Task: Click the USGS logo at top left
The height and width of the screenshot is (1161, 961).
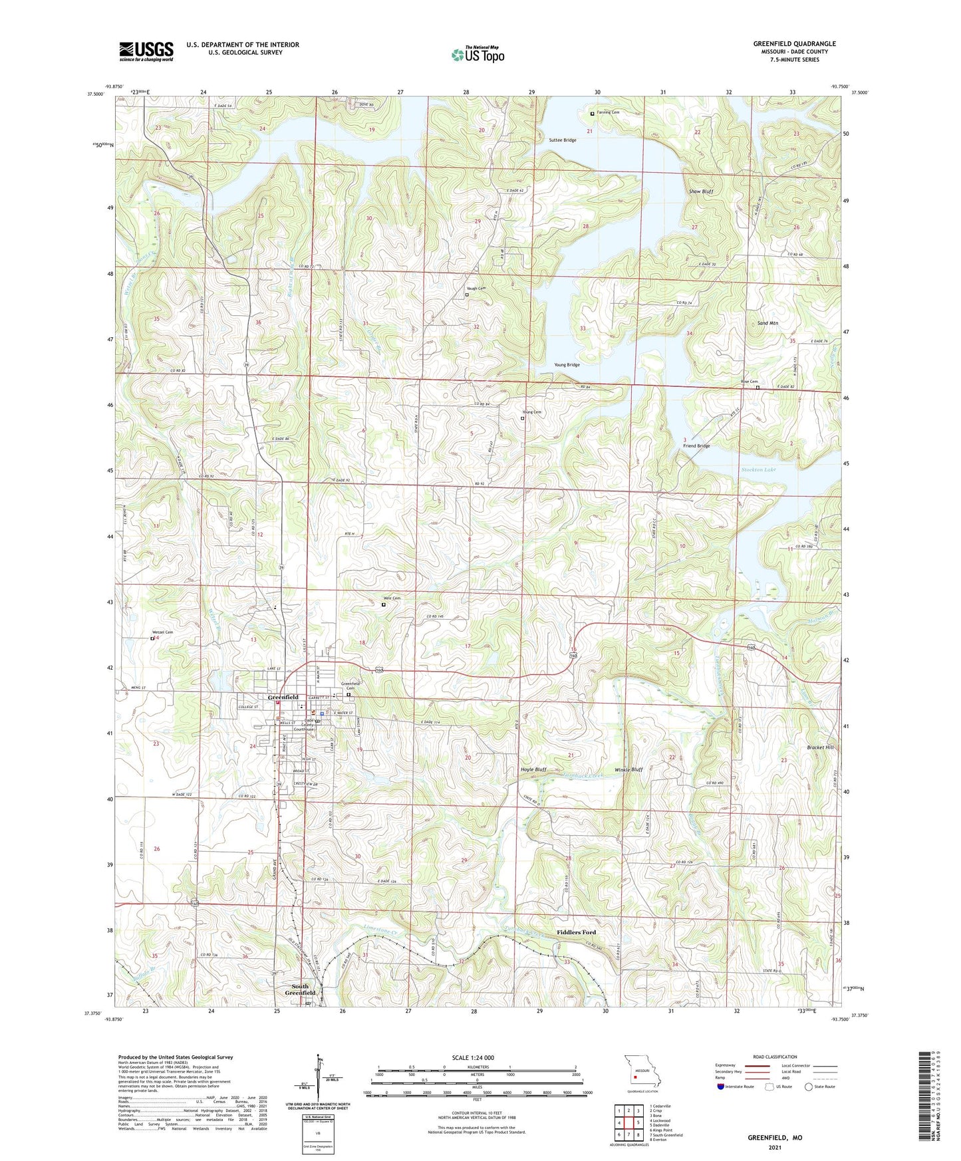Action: (x=146, y=51)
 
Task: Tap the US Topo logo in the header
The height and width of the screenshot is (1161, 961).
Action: (x=478, y=55)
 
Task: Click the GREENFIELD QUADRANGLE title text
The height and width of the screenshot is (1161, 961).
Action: (x=794, y=44)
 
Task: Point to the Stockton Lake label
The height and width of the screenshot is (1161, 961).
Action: (x=758, y=470)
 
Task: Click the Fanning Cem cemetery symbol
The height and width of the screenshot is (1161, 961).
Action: (x=593, y=114)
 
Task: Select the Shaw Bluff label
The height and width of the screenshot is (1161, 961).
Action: (x=701, y=192)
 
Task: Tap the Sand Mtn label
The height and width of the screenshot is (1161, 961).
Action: (x=767, y=323)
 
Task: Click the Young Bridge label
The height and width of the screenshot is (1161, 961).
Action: (x=567, y=365)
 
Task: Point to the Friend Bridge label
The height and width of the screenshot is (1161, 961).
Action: (x=696, y=446)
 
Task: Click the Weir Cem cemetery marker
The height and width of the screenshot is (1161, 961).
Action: (x=384, y=605)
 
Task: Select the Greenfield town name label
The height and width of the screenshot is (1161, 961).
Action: (x=283, y=698)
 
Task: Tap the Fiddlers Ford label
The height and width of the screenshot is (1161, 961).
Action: (x=576, y=932)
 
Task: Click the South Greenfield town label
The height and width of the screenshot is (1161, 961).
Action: (x=301, y=989)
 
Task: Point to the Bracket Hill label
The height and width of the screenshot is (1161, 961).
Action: (x=819, y=747)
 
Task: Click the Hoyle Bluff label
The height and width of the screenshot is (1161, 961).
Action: (x=533, y=769)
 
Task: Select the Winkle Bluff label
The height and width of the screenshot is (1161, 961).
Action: (x=628, y=769)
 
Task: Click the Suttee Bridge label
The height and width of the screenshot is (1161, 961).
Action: (x=562, y=140)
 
